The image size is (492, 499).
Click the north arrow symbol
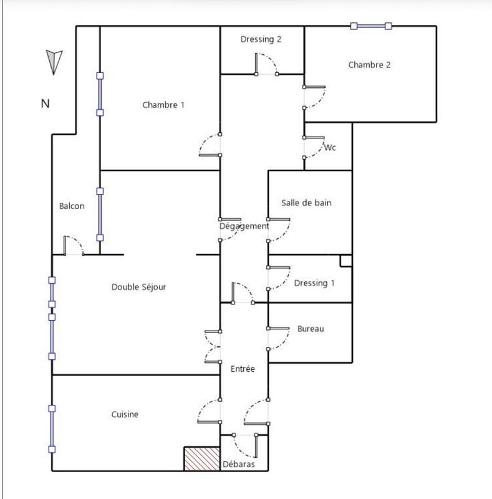click(x=53, y=61)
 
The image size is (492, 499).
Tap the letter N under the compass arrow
click(x=45, y=104)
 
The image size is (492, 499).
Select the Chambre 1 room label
click(x=163, y=105)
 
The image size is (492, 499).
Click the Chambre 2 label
click(x=370, y=65)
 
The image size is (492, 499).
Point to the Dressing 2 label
click(x=261, y=39)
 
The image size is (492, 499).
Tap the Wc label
click(x=330, y=148)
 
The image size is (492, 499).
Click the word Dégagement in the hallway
click(x=244, y=226)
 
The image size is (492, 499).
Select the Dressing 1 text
click(x=314, y=283)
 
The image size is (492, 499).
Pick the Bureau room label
click(x=311, y=329)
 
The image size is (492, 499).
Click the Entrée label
click(x=243, y=369)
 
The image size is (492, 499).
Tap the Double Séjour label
click(x=138, y=287)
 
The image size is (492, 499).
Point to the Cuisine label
click(x=125, y=414)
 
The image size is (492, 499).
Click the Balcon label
click(x=72, y=206)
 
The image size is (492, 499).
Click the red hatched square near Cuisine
click(x=201, y=458)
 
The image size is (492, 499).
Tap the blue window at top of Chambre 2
click(x=371, y=26)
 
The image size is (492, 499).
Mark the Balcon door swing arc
click(x=74, y=245)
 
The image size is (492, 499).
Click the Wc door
click(x=314, y=145)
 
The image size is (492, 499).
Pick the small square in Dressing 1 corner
click(x=346, y=261)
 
